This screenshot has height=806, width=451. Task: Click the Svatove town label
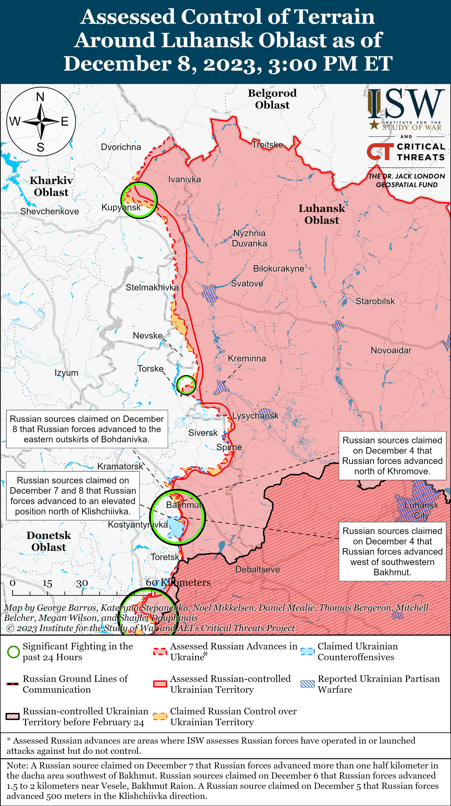click(x=247, y=284)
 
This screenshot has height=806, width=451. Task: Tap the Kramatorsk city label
click(x=120, y=466)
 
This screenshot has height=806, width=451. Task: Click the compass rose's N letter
click(x=40, y=97)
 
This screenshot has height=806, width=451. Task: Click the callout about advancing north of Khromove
click(x=392, y=455)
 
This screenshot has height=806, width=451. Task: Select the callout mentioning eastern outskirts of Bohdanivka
click(x=87, y=429)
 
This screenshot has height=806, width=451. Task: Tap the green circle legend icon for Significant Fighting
click(x=13, y=652)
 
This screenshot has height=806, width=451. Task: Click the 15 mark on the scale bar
click(x=47, y=583)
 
